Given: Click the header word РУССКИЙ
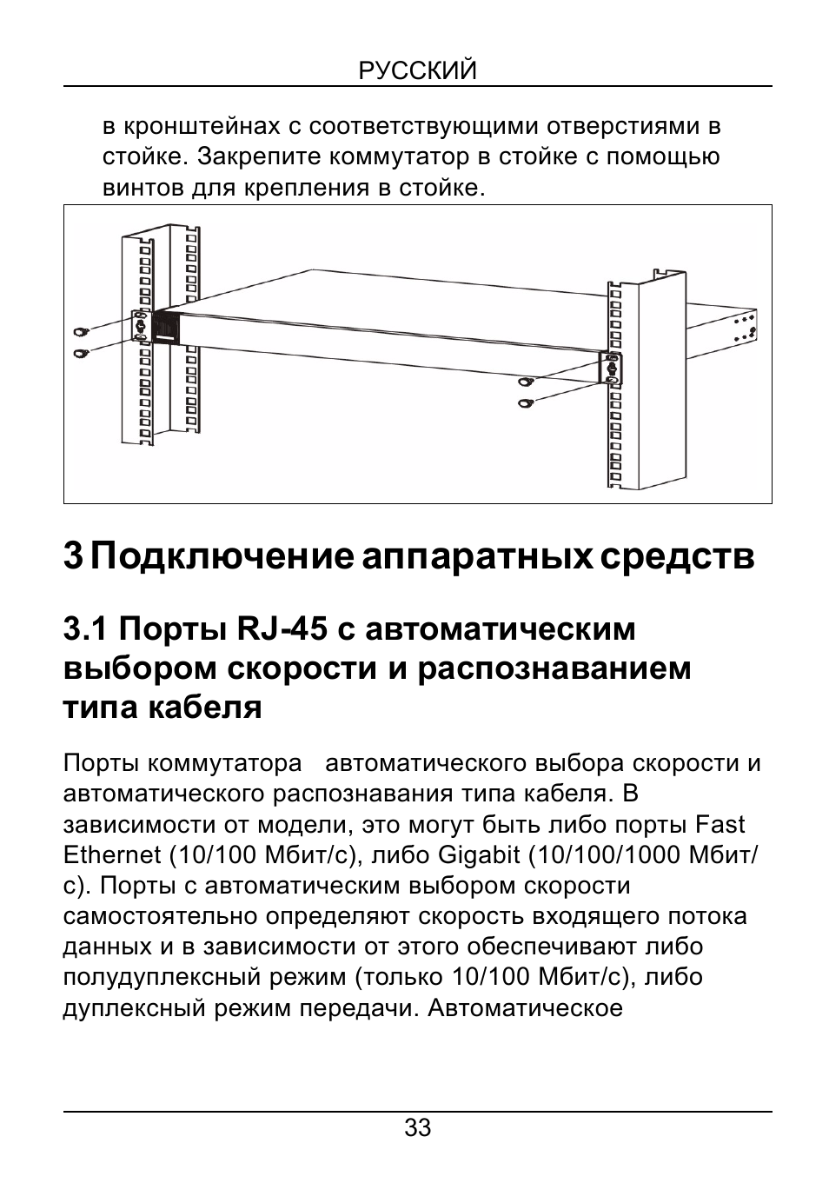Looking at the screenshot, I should (418, 70).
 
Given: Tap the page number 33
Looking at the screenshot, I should (417, 1129).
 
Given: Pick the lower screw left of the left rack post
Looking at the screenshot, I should (82, 354).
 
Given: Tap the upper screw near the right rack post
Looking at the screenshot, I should (525, 382).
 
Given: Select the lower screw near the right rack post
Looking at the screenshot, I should (525, 402).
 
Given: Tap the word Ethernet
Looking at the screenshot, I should (112, 855).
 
